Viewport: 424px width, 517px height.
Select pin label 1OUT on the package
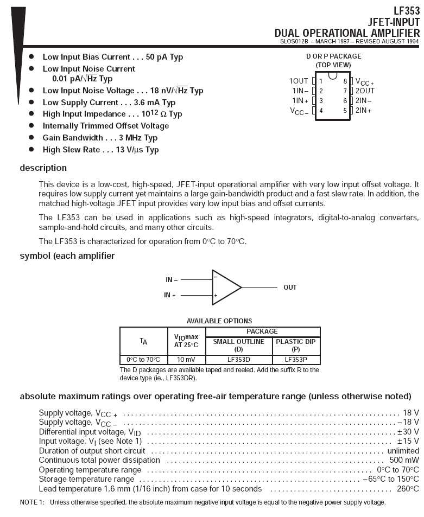coord(299,81)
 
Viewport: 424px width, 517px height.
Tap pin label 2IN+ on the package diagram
coord(364,110)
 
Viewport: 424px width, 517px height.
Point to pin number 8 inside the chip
coord(345,81)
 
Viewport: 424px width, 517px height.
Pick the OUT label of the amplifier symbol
coord(290,287)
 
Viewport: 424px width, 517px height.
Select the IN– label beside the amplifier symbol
coord(172,280)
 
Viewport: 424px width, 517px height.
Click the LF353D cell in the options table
coord(239,359)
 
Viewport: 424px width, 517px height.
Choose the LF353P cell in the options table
coord(296,359)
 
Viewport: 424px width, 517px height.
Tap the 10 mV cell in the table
coord(187,359)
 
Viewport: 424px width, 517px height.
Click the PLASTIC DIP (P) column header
coord(296,345)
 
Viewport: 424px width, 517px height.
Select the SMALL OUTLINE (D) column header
coord(239,345)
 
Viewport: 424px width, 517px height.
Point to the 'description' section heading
coord(43,168)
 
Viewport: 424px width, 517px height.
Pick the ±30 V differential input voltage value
coord(408,432)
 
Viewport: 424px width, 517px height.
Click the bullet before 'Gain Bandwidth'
coord(31,138)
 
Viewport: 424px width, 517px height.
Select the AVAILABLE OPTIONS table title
coord(219,321)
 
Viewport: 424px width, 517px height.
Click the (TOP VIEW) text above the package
coord(333,65)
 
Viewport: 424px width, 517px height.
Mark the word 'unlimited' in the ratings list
coord(403,451)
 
